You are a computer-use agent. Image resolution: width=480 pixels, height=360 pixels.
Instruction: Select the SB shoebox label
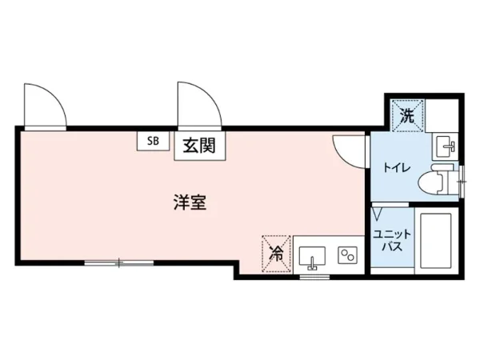tap(152, 141)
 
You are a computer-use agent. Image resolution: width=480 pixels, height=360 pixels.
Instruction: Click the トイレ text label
tap(392, 169)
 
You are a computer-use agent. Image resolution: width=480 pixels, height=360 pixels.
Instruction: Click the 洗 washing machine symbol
tap(406, 114)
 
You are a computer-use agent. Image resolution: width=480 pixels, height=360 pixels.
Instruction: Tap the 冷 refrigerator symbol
tap(276, 253)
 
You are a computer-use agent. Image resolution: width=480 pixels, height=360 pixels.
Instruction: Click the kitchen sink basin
tap(311, 258)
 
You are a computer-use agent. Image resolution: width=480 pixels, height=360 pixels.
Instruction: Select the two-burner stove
tap(348, 256)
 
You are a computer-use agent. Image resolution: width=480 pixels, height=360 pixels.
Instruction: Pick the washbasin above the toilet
tap(446, 146)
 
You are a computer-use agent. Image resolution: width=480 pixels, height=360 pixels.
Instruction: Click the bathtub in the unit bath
tap(435, 242)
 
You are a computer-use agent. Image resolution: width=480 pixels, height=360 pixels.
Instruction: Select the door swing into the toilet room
tap(349, 147)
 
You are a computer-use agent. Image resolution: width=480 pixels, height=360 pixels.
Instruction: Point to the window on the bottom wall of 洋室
tap(118, 262)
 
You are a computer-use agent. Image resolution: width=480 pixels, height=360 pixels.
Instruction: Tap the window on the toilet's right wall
tap(462, 177)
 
